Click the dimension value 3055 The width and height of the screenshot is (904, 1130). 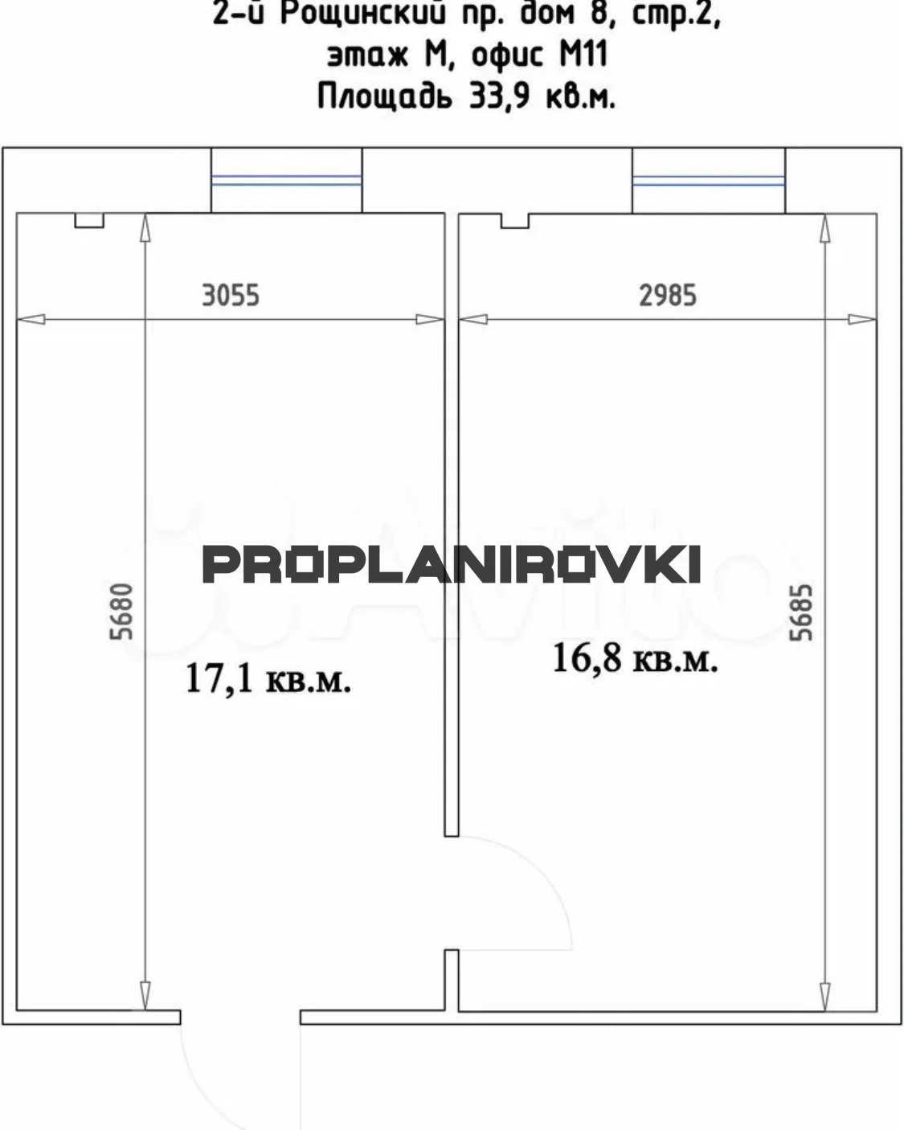tap(231, 295)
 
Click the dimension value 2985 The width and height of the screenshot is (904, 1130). tap(667, 295)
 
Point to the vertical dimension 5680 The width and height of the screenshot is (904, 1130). tap(121, 611)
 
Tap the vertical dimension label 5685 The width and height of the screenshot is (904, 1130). tap(801, 612)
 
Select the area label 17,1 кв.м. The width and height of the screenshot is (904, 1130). tap(268, 679)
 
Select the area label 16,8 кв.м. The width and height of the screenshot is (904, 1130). tap(635, 658)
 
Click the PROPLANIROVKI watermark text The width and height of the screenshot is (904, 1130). tap(452, 564)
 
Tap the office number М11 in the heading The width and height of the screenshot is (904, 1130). tap(583, 55)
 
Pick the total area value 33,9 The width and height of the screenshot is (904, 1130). tap(499, 96)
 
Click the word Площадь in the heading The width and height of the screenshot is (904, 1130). tap(384, 96)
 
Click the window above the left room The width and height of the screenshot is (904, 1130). tap(287, 180)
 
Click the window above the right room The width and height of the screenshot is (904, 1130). tap(709, 181)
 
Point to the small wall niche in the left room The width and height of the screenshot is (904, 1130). tap(89, 220)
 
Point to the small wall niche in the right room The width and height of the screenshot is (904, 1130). tap(515, 220)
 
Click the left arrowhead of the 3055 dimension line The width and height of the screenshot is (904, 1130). tap(31, 319)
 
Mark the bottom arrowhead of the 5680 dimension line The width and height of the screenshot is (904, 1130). tap(145, 996)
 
